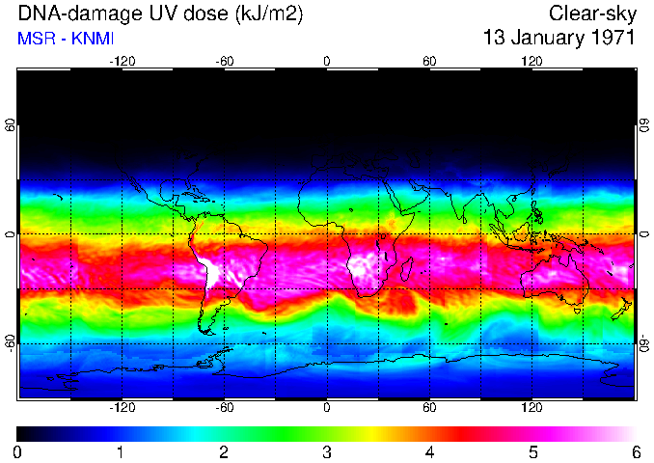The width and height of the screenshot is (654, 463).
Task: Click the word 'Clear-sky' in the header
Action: coord(591,14)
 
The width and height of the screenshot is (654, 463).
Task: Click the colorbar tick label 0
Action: coord(17,451)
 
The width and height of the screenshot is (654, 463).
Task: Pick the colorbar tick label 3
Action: coord(326,451)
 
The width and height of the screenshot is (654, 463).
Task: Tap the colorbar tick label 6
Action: coord(635,451)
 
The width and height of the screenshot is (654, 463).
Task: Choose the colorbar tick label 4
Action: coord(429,451)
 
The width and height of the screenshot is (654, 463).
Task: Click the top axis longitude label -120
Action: coord(122,61)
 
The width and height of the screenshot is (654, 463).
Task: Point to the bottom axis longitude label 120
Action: coord(531,408)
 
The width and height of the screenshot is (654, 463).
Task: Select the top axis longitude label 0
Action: coord(326,61)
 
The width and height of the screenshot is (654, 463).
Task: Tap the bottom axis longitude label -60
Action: coord(224,408)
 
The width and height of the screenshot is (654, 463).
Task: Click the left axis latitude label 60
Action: coord(11,125)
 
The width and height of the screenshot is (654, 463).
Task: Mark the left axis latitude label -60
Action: coord(11,342)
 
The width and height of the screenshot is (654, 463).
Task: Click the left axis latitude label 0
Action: coord(11,234)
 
